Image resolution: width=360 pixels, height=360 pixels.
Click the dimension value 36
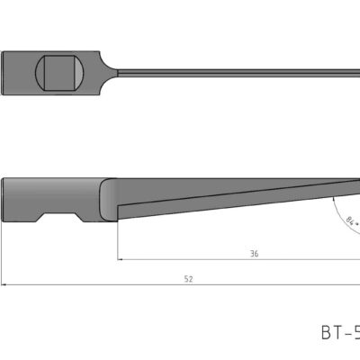point(255,255)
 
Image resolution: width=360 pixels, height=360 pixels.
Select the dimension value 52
point(187,280)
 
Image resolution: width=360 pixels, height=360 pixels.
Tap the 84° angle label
point(350,221)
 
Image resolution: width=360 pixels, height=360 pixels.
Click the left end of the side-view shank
point(4,198)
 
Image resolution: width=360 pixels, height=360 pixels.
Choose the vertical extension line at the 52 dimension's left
point(2,256)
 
